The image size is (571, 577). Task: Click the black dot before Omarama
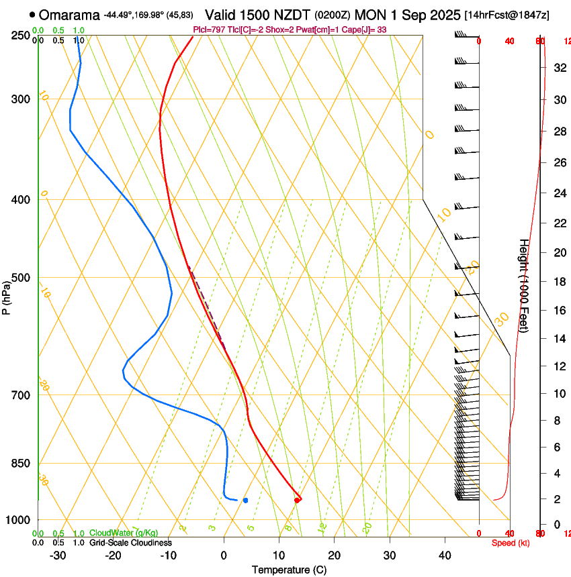point(32,15)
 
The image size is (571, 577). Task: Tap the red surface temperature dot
point(297,500)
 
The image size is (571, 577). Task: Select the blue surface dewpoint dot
point(246,500)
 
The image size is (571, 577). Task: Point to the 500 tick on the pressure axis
point(21,278)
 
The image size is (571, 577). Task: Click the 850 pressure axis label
point(21,463)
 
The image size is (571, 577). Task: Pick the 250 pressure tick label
point(21,35)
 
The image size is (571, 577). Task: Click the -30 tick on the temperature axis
point(58,556)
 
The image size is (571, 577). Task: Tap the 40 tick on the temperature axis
point(445,556)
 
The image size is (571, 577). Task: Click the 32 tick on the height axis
point(558,67)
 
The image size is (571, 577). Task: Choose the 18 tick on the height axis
point(558,282)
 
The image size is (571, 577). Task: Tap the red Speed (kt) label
point(510,543)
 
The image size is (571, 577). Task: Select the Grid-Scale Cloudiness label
point(130,543)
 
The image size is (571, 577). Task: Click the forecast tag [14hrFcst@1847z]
point(507,15)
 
